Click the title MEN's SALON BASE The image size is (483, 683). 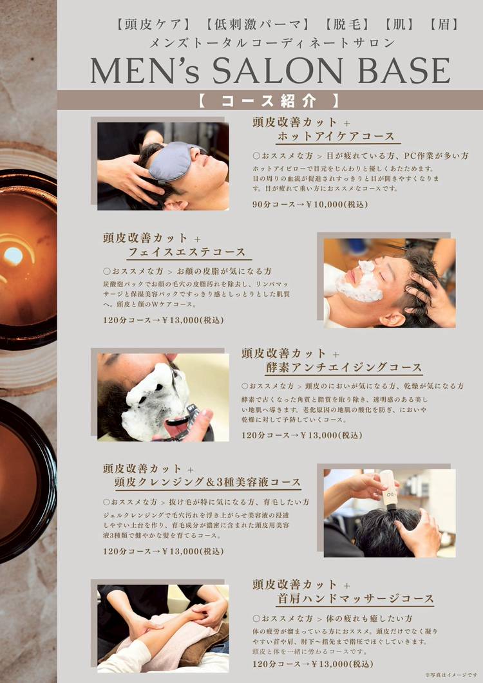pyautogui.click(x=270, y=71)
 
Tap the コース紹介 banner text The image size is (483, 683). pyautogui.click(x=269, y=100)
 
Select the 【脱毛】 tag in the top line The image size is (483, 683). pyautogui.click(x=346, y=24)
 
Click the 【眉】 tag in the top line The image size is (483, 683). pyautogui.click(x=443, y=24)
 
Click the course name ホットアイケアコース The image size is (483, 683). pyautogui.click(x=336, y=136)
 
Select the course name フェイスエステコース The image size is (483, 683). pyautogui.click(x=187, y=252)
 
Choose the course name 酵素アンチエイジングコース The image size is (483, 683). pyautogui.click(x=344, y=368)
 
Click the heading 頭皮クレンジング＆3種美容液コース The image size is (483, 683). pyautogui.click(x=207, y=482)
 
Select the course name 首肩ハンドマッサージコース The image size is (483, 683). pyautogui.click(x=355, y=599)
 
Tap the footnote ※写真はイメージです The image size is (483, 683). pyautogui.click(x=451, y=675)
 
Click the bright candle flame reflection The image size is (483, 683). pyautogui.click(x=12, y=256)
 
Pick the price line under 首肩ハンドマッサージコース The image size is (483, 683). pyautogui.click(x=312, y=664)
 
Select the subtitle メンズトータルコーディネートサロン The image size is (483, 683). pyautogui.click(x=272, y=42)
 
